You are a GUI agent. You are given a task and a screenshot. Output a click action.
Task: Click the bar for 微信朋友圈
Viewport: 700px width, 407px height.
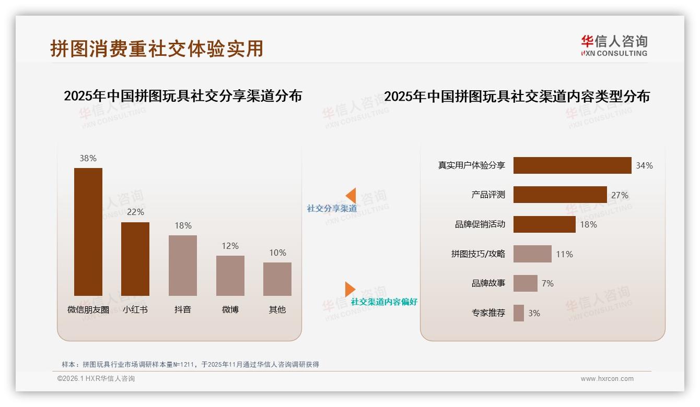(88, 232)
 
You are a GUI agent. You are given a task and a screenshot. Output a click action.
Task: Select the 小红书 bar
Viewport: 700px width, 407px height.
(135, 259)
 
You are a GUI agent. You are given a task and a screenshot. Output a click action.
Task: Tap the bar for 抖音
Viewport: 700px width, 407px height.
(183, 265)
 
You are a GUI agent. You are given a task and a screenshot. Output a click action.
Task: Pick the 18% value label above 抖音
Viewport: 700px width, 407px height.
(183, 225)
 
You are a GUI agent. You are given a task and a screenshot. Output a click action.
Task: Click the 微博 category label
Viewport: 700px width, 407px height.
(230, 309)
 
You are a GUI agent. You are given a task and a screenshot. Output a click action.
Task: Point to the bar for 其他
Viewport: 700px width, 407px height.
(277, 279)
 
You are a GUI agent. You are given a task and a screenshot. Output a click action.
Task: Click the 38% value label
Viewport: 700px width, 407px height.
(88, 158)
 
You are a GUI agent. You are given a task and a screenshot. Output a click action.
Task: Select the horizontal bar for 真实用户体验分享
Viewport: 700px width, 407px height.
(572, 165)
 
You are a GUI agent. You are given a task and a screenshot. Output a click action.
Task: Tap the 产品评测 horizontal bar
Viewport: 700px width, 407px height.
(560, 195)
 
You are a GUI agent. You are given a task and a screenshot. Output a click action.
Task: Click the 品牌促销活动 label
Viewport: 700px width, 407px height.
(480, 224)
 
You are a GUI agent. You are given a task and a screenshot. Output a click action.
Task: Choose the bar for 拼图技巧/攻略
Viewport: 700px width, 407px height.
(532, 254)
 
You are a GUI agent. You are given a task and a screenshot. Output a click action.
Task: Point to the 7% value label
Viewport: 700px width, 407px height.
(547, 283)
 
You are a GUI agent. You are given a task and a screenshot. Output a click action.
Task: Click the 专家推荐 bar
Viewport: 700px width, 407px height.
(519, 313)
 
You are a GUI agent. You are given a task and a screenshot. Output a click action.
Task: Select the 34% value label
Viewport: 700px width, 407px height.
(644, 165)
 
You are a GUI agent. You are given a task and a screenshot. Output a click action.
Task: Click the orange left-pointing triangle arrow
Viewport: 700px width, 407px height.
(351, 195)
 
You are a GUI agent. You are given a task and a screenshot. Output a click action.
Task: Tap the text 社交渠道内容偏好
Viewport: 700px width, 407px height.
(384, 302)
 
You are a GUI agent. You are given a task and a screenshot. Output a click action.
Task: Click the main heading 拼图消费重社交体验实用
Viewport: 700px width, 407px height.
(157, 49)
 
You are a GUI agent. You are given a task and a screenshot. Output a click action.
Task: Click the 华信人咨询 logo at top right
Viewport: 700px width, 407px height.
(614, 45)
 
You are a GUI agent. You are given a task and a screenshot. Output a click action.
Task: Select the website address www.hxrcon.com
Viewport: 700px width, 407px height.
(607, 379)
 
